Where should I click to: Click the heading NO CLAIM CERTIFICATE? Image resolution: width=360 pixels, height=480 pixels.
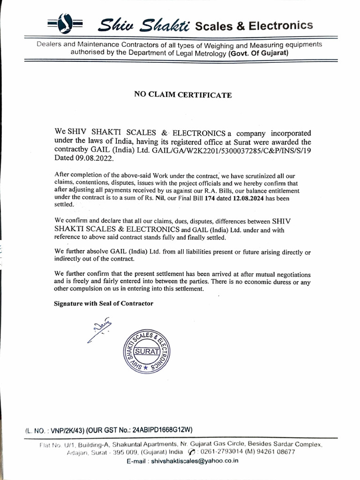(x=183, y=95)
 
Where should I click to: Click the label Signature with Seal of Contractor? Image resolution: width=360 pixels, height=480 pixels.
(x=104, y=303)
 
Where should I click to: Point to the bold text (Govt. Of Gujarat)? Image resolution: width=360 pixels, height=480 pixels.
(x=258, y=53)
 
